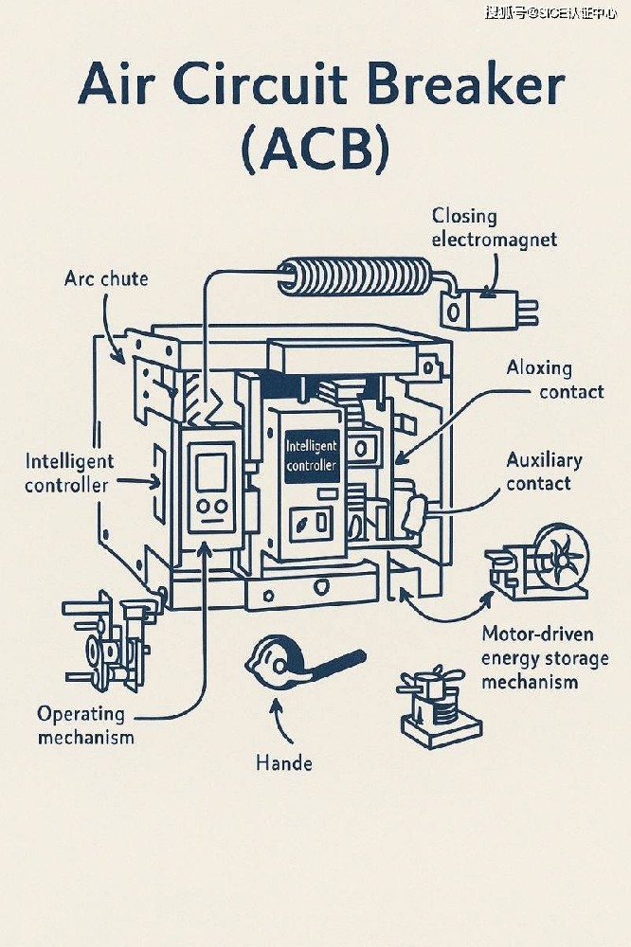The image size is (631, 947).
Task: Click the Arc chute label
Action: (106, 278)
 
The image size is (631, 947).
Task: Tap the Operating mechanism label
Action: (85, 724)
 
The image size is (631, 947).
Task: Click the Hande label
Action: (284, 761)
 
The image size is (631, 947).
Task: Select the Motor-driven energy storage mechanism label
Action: (543, 657)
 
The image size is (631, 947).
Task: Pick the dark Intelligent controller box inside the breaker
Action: (311, 455)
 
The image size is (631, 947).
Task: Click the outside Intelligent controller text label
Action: (69, 473)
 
